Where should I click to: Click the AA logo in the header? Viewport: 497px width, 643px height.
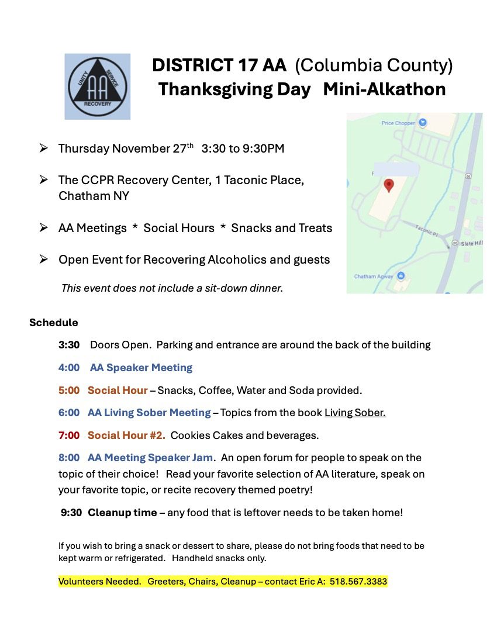coord(97,87)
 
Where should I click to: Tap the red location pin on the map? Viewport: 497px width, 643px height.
coord(388,185)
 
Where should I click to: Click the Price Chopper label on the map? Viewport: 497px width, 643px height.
coord(398,123)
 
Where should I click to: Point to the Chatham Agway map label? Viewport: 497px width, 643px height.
coord(374,276)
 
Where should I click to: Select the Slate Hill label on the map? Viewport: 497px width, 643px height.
coord(471,243)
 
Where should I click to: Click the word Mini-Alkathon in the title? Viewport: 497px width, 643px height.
coord(384,89)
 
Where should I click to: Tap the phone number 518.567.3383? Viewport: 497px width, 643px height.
coord(358,582)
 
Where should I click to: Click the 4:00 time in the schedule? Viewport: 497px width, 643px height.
coord(69,368)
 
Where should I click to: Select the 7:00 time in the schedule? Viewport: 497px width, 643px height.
coord(69,435)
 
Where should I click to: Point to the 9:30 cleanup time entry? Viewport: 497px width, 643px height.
coord(71,513)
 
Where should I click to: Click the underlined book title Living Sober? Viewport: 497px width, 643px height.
coord(355,413)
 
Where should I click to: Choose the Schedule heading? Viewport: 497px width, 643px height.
coord(53,323)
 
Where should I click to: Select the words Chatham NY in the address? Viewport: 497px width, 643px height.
coord(94,196)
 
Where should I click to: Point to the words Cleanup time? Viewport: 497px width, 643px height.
coord(122,513)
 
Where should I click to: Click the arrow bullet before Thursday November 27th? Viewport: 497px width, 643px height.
coord(43,148)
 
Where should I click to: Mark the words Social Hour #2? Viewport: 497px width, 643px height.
coord(126,435)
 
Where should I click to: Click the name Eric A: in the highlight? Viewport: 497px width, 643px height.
coord(311,582)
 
